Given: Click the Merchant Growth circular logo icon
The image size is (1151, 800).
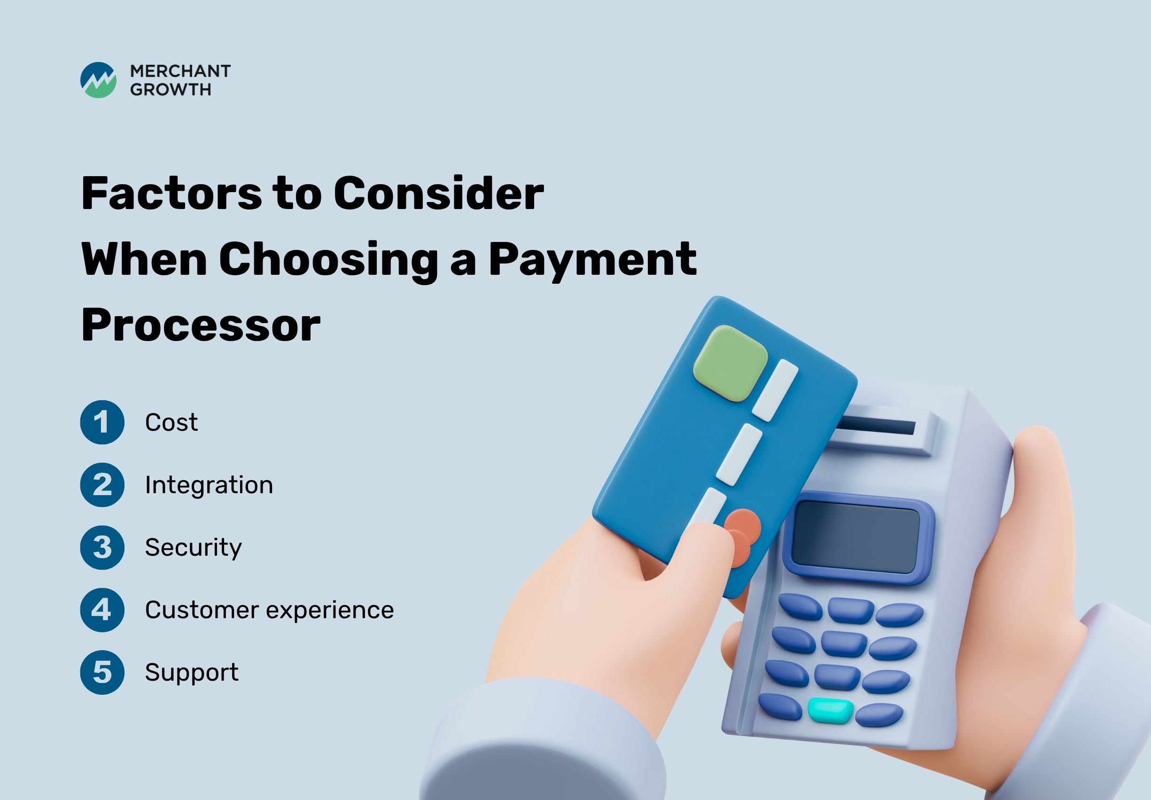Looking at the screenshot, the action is (98, 80).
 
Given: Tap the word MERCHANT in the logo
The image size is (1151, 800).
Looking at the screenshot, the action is (180, 71).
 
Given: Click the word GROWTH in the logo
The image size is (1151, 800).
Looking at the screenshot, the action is (171, 89).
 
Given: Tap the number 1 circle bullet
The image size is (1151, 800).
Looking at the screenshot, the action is (102, 422).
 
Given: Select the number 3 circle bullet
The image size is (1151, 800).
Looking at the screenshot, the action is (102, 547).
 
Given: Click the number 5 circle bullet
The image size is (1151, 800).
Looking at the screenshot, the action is (102, 672).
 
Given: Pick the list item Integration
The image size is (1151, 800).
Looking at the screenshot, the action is (209, 485).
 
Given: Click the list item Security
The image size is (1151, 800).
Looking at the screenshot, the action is (194, 547).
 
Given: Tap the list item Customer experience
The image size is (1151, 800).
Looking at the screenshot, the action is (270, 611).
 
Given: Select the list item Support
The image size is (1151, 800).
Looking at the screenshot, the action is (192, 673).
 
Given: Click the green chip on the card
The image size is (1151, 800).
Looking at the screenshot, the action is (731, 363).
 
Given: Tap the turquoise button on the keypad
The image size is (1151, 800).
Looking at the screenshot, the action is (830, 711).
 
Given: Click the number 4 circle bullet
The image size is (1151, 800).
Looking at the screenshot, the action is (102, 610).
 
